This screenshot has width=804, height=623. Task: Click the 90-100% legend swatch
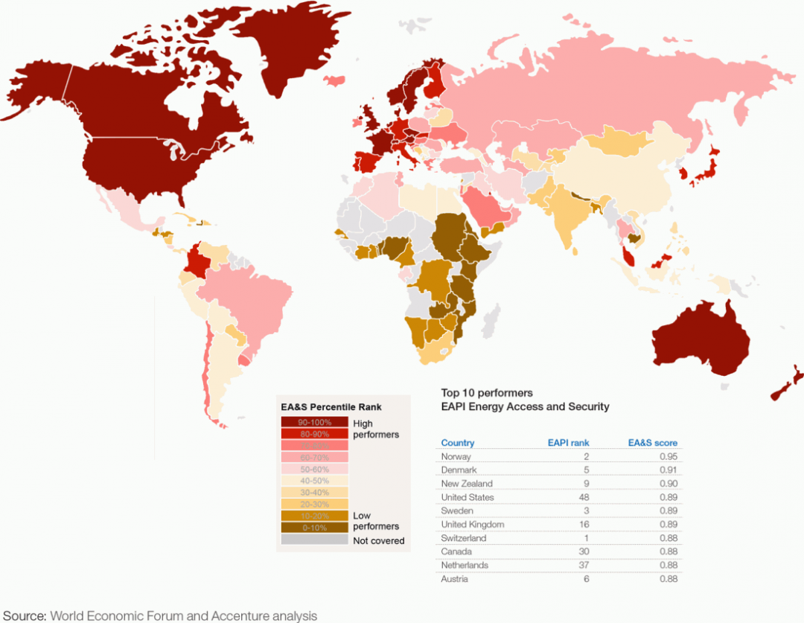coord(314,422)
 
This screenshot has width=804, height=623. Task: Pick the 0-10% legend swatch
coord(314,527)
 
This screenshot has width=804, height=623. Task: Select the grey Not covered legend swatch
coord(314,540)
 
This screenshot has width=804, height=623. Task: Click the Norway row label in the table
coord(456,457)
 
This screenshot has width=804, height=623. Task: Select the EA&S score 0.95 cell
coord(667,457)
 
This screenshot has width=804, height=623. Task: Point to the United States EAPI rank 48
coord(583,497)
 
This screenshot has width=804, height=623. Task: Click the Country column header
coord(457,443)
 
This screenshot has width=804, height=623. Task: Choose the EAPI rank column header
coord(568,443)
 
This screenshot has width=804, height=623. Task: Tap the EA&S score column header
coord(652,443)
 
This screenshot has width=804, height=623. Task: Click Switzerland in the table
coord(463,538)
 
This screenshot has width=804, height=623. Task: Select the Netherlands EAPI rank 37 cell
coord(583,565)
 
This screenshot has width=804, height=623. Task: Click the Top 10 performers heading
coord(487,392)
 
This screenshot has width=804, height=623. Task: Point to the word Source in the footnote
coord(24,616)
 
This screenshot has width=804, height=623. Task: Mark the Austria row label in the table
coord(454,579)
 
